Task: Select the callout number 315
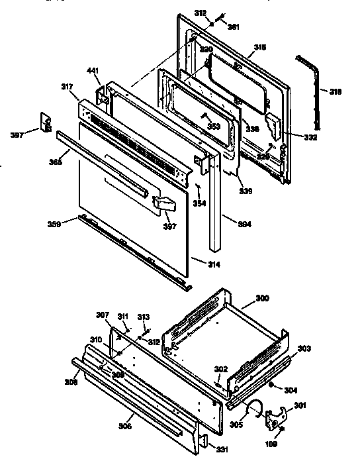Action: [260, 48]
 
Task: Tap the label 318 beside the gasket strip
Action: [336, 92]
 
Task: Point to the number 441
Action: [93, 70]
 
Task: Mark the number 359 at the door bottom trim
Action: [55, 225]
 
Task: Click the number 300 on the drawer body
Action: [263, 299]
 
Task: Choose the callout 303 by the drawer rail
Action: [303, 348]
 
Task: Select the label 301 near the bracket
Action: [300, 405]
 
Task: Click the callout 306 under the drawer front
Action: [126, 427]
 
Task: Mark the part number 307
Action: [102, 315]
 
